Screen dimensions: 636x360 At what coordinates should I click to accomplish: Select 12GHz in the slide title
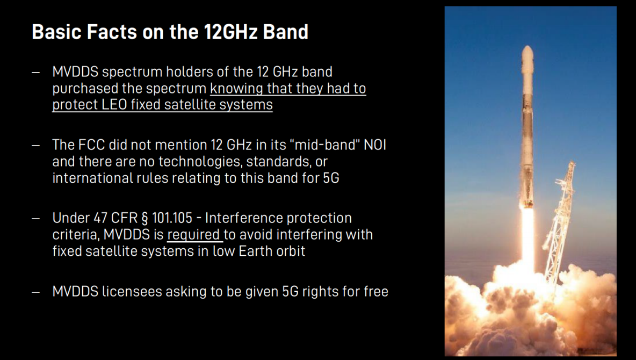230,32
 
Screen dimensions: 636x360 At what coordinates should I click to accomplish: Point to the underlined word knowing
237,89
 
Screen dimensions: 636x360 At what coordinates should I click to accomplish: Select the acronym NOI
375,145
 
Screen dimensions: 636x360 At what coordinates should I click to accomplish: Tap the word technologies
200,162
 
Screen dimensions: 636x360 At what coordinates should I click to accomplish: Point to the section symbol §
145,218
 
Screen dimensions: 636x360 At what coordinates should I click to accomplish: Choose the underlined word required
193,235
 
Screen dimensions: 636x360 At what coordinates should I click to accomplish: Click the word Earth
254,251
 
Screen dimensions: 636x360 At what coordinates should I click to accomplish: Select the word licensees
132,291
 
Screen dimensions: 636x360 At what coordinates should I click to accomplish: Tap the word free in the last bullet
376,291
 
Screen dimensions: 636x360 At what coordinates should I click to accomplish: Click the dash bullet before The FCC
35,145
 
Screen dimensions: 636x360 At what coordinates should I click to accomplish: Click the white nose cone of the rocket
527,61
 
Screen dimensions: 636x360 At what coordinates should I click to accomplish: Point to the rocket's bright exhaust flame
527,240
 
